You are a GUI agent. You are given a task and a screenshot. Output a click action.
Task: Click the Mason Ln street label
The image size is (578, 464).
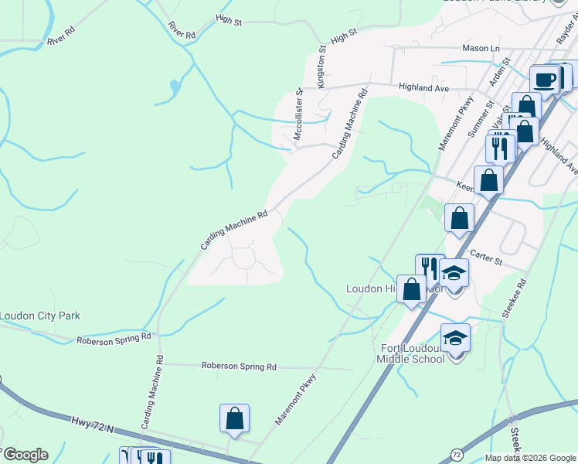point(481,48)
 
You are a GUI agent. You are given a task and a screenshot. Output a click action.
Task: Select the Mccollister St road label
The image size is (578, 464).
point(298,116)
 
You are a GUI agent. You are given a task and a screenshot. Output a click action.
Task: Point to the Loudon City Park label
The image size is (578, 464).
point(39,316)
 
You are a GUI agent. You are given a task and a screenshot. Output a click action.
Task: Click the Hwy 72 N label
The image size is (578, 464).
point(92,424)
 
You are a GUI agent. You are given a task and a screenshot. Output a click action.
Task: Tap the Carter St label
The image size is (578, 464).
point(486,258)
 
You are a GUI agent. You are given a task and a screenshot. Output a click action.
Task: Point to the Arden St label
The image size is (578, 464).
point(497,77)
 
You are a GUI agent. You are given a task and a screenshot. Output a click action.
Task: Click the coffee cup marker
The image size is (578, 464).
point(545,80)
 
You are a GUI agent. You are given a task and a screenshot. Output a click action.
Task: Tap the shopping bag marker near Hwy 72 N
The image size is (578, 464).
point(234,419)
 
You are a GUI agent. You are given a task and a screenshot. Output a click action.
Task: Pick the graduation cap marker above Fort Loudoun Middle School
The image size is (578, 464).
point(455,338)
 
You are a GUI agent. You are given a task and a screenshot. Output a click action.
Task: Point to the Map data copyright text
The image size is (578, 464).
point(530,458)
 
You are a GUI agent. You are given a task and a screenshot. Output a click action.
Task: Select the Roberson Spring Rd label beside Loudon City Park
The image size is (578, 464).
point(114,339)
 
